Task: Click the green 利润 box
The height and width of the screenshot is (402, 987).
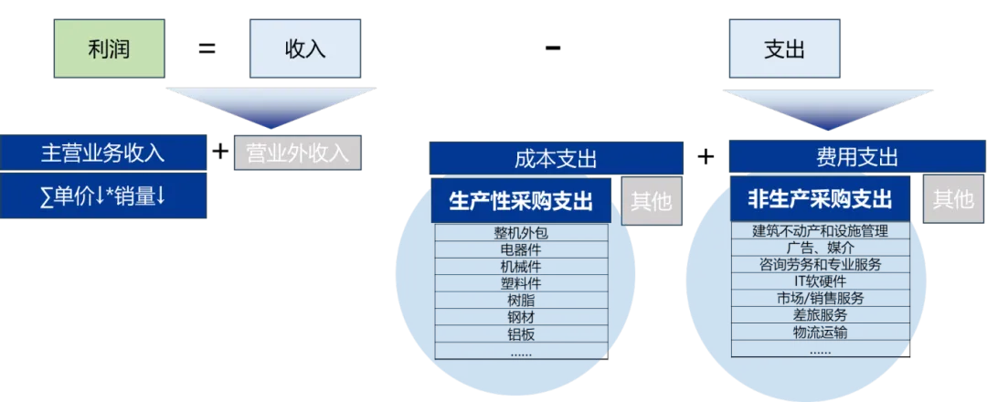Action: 107,48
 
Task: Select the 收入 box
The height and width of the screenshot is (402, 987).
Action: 305,48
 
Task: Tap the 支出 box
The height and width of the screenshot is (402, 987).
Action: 783,48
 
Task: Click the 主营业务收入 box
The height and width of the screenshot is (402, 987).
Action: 103,153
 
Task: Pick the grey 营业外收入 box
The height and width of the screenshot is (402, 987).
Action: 298,153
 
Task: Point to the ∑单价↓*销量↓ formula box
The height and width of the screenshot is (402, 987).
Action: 103,196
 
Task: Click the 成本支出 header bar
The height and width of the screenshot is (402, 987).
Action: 556,158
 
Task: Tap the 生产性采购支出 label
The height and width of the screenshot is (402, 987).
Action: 521,201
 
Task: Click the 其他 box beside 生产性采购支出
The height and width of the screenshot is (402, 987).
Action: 653,201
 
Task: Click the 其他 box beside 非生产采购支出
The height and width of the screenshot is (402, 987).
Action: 952,200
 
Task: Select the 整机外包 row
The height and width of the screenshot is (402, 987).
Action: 521,232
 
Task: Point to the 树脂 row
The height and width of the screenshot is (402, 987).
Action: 521,300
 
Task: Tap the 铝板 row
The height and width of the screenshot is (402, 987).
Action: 521,333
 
